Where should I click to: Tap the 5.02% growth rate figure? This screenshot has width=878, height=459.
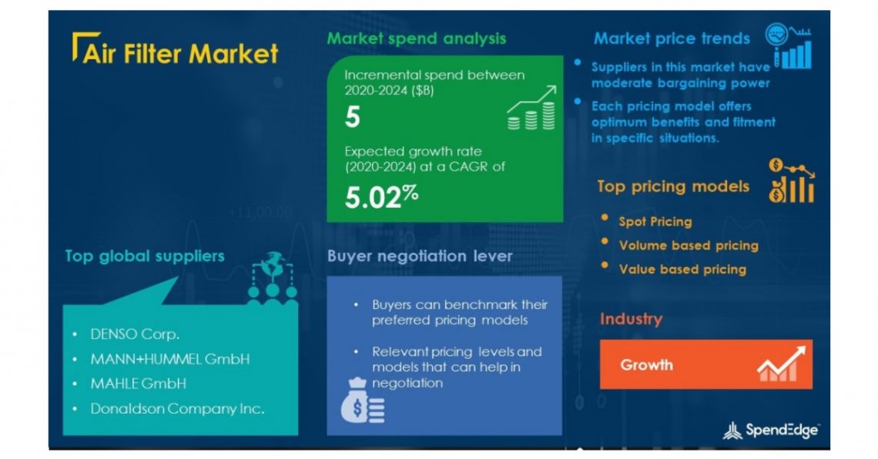[x=381, y=197]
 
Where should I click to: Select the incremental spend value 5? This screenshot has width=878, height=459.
[x=352, y=117]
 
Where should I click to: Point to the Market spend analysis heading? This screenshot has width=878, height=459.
[x=417, y=38]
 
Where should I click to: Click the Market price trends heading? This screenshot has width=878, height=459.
[x=672, y=39]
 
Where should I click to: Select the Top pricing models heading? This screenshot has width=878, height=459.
[x=673, y=186]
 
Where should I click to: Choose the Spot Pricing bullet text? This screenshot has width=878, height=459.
[x=655, y=222]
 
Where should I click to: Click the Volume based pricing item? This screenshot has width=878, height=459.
[x=689, y=246]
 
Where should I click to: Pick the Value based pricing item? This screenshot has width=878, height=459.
[x=682, y=270]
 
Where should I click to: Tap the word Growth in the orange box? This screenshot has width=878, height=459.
[x=646, y=365]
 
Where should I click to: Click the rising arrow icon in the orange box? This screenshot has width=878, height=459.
[x=780, y=364]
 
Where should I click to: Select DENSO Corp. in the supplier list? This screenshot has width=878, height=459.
[x=135, y=335]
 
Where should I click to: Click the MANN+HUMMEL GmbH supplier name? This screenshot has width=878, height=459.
[x=169, y=359]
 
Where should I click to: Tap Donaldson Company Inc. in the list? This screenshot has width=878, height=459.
[x=177, y=409]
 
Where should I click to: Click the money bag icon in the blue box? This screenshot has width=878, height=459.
[x=362, y=401]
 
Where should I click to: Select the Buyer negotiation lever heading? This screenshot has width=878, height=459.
[x=420, y=256]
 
